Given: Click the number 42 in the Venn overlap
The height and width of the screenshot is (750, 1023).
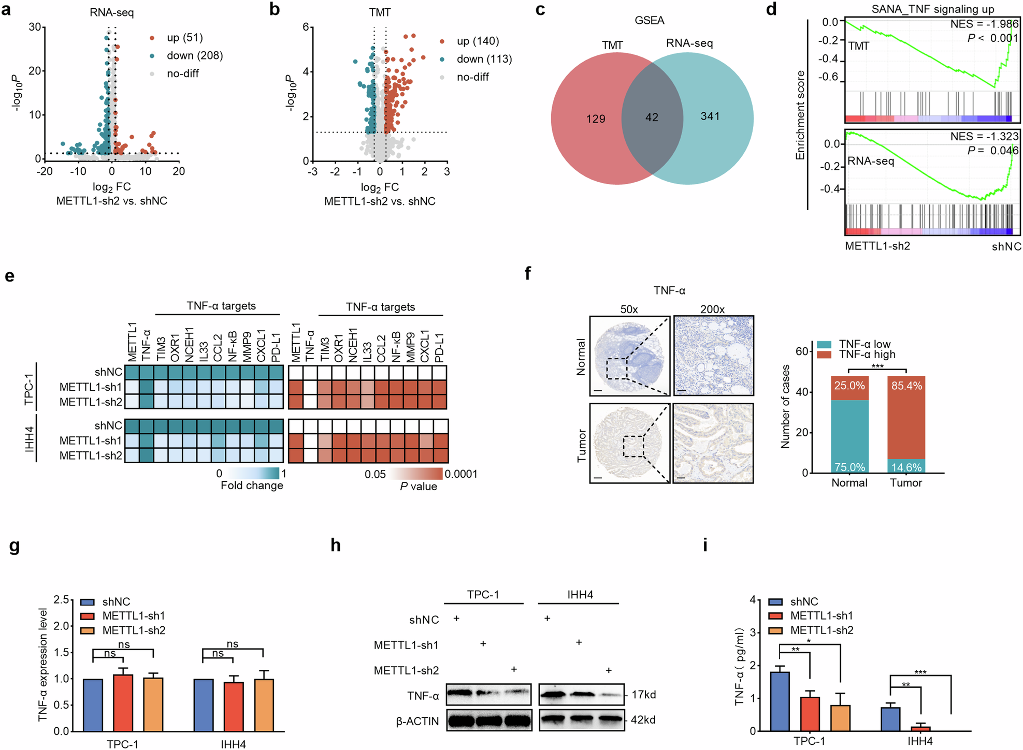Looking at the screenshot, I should pos(652,117).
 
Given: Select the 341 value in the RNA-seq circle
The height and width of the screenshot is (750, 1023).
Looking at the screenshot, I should pos(710,116).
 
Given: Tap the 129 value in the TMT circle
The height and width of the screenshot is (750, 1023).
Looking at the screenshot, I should pos(596,119).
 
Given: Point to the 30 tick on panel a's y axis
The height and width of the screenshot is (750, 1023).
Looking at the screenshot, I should pos(35,27).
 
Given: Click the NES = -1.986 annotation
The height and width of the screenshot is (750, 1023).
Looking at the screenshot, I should pos(984,24).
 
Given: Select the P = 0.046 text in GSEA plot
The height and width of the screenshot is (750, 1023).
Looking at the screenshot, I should pos(992,150).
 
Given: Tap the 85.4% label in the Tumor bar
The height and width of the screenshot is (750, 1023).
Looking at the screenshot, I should pos(906,386).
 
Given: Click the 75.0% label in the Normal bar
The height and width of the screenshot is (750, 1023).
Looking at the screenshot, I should pos(849,467).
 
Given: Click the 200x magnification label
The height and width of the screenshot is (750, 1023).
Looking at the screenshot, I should pos(712,309).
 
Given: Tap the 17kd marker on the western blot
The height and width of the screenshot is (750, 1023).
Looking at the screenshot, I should pos(643,695).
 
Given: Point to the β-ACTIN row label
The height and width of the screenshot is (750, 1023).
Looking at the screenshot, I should pos(417,721).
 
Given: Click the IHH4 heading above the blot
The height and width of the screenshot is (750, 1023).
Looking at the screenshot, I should pos(580,595).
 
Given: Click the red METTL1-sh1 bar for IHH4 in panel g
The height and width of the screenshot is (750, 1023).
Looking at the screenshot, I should pos(234,707).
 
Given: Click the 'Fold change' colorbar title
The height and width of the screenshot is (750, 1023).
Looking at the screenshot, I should pos(252,486).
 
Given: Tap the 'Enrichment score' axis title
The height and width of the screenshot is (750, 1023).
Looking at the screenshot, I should pos(800,115).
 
